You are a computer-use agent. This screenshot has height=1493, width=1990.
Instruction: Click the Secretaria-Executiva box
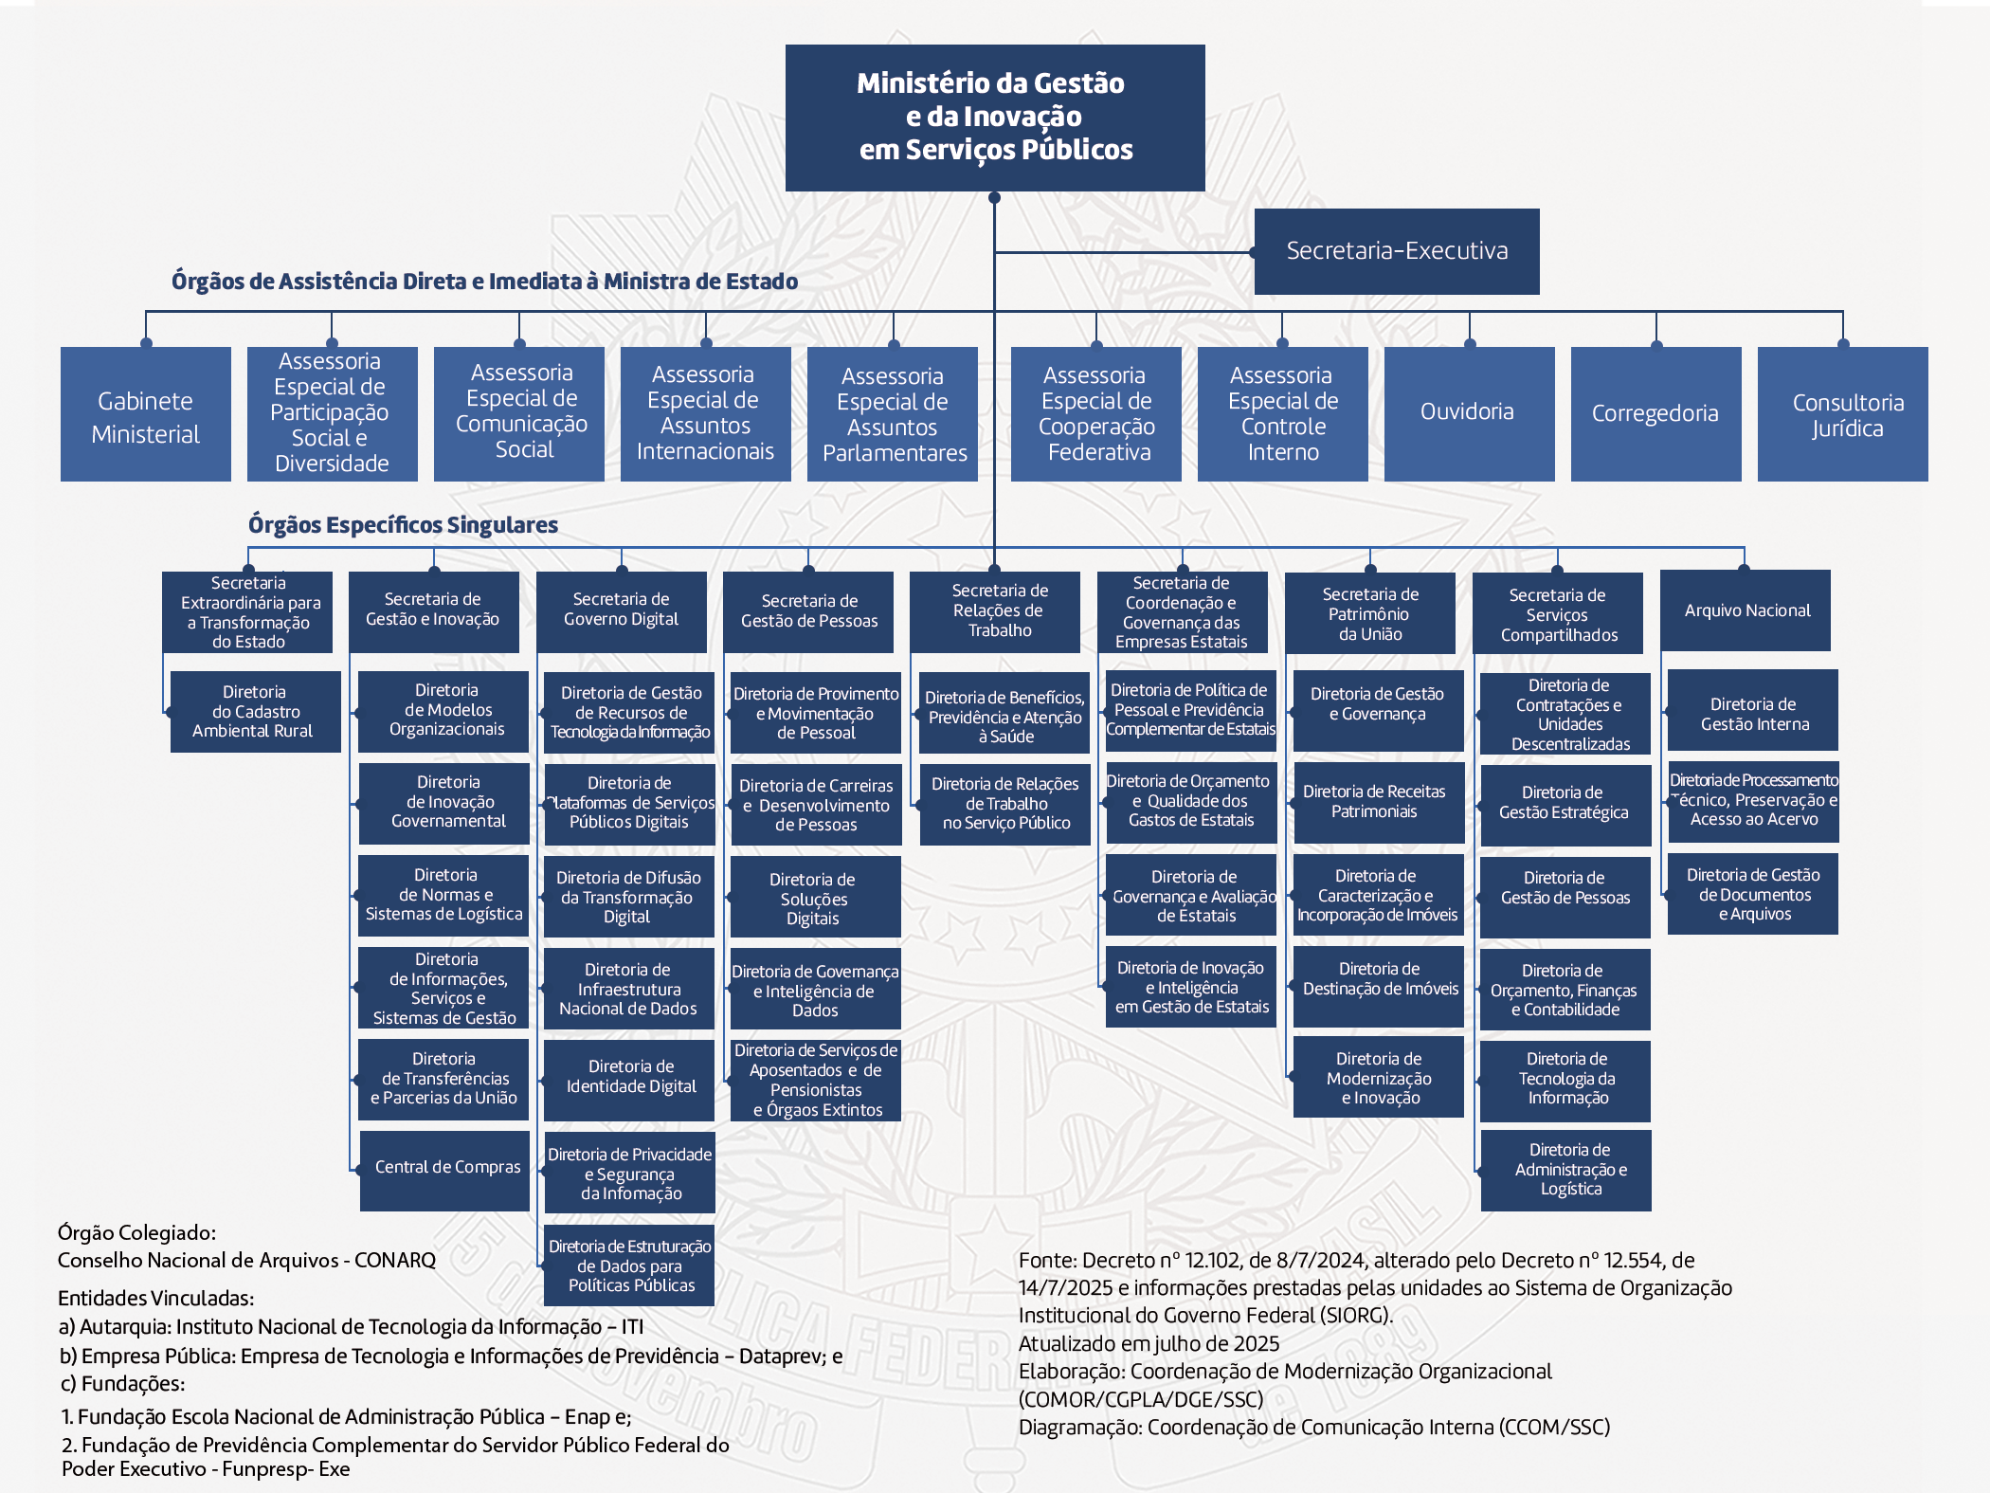coord(1396,251)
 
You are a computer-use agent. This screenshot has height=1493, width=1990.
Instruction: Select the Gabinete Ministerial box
coord(146,414)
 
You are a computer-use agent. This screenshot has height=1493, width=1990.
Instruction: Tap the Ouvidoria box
coord(1469,413)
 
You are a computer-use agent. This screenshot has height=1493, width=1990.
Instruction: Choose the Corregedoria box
coord(1655,414)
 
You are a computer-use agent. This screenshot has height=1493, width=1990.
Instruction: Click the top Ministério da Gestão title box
coord(995,118)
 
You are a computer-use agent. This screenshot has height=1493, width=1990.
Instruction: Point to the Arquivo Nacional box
coord(1746,610)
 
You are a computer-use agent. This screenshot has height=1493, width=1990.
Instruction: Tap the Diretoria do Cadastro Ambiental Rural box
coord(255,711)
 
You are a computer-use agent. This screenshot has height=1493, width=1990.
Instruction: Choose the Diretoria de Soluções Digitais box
coord(815,897)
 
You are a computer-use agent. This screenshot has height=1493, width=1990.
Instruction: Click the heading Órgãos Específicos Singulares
coord(403,524)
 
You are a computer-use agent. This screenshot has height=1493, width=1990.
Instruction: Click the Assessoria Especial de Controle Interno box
coord(1283,414)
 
